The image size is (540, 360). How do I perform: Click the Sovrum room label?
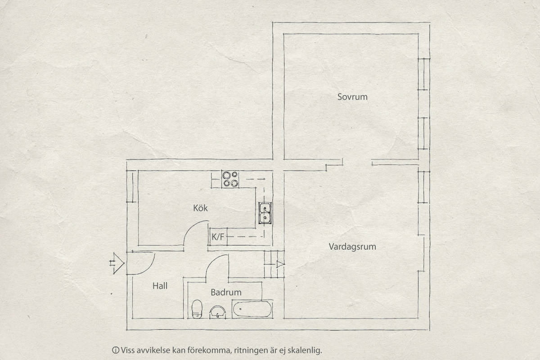pos(352,97)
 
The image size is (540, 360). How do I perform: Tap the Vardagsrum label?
pos(352,247)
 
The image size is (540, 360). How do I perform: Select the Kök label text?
pos(200,208)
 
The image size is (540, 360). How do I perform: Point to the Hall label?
pos(160,286)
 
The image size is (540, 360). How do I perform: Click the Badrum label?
pos(226,292)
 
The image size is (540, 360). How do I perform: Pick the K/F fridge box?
pos(218,237)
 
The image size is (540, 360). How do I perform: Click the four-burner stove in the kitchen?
pos(230,179)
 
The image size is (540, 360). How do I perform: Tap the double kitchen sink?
pos(265,213)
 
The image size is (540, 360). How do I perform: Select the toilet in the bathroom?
pos(197,309)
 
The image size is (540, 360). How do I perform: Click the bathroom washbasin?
pos(217,312)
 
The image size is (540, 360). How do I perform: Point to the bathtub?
pos(252,309)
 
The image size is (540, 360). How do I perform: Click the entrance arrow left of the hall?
pos(117,263)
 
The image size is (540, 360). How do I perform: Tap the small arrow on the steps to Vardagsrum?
pos(280,264)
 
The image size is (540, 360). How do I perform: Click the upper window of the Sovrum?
pos(423,74)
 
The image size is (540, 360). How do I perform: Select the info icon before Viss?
pos(116,350)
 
